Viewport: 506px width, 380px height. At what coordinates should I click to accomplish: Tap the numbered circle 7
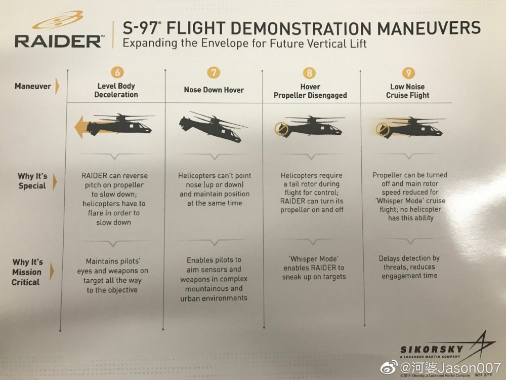coord(214,72)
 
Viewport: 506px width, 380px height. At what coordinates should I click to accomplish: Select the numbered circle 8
coord(310,72)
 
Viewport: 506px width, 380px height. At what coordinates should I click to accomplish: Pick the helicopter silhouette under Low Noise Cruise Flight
coord(412,127)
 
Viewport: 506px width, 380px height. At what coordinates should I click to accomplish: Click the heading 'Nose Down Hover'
coord(214,90)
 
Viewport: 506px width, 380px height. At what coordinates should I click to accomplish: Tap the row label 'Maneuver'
coord(32,86)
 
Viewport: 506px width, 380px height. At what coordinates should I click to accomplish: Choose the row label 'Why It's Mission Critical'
coord(27,272)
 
